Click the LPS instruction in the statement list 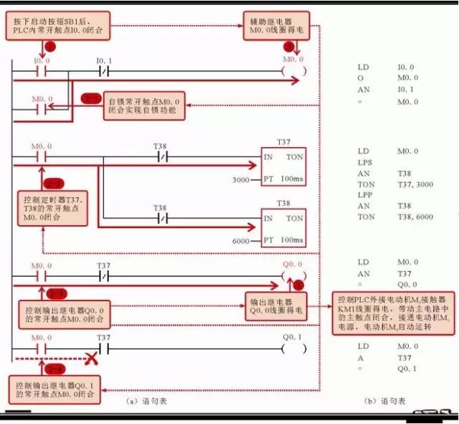tap(364, 163)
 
